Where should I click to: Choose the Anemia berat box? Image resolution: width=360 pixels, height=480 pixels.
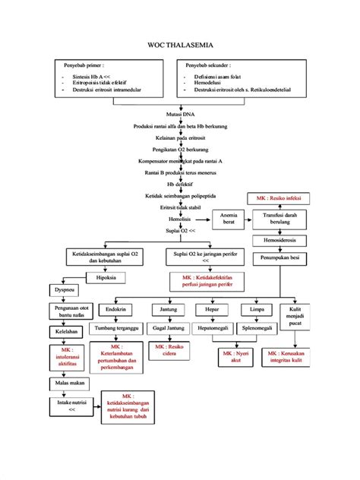(229, 219)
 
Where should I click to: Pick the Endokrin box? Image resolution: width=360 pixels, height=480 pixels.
(115, 310)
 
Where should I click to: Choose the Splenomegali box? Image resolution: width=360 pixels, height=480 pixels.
(257, 329)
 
